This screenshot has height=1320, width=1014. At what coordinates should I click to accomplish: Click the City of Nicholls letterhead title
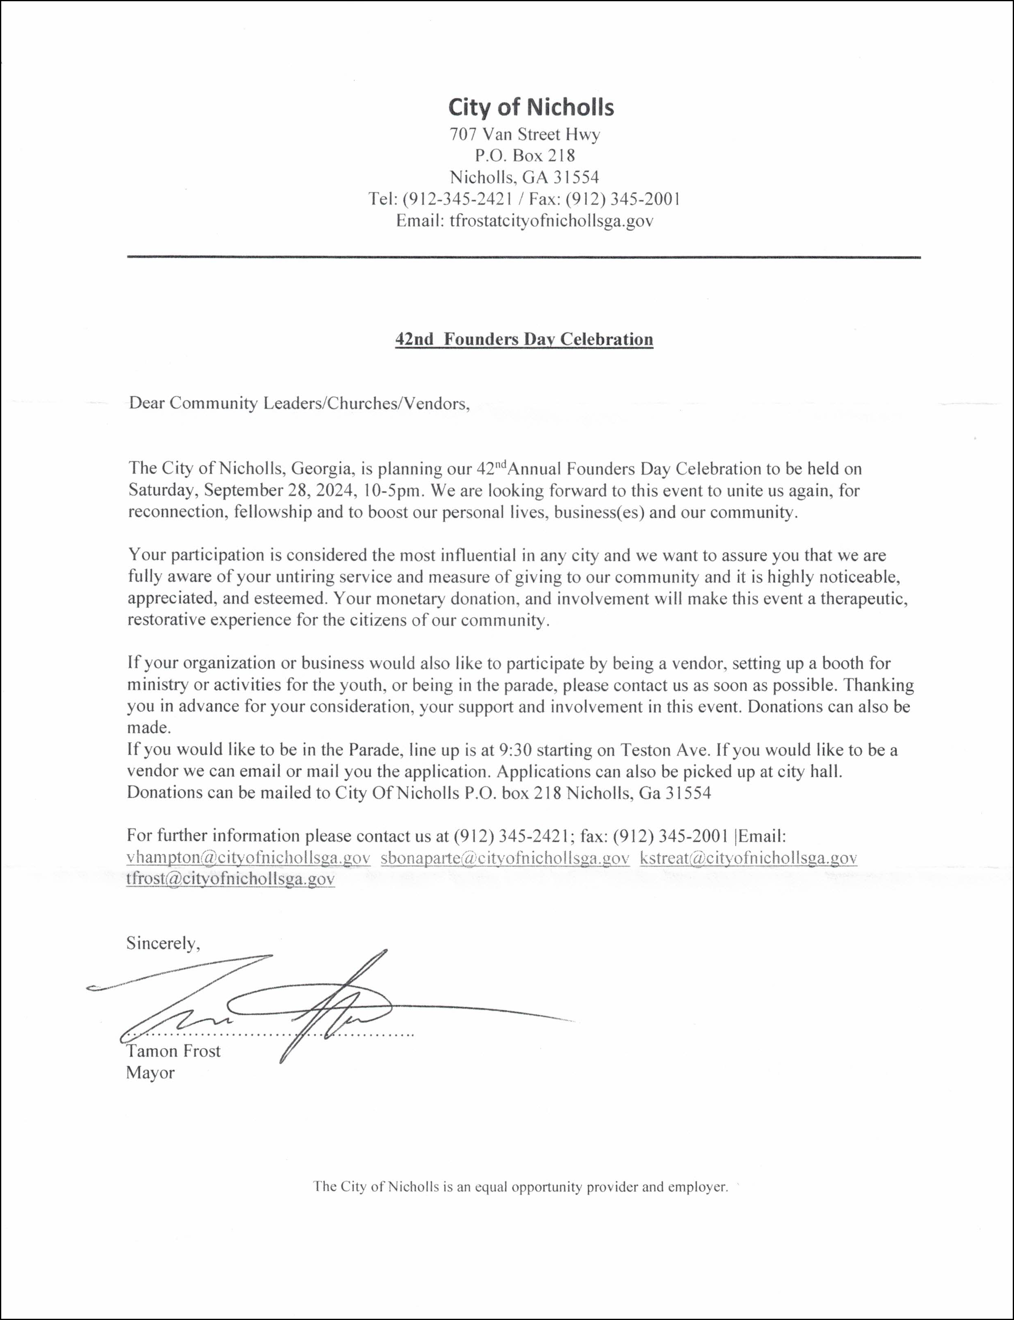(x=530, y=107)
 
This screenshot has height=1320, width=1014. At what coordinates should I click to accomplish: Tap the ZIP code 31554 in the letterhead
(x=577, y=177)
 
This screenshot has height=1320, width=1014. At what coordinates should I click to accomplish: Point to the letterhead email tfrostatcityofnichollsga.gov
(x=551, y=221)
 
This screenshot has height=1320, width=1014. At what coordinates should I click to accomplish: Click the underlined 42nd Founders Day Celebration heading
(x=524, y=339)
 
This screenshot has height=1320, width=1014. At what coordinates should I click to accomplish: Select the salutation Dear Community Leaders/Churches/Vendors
(x=299, y=403)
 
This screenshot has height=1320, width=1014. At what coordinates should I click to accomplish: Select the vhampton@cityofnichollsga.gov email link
(x=248, y=858)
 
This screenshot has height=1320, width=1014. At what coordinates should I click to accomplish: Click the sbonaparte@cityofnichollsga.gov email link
(x=505, y=858)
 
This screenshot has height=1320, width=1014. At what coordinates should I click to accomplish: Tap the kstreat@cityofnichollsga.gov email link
(x=748, y=858)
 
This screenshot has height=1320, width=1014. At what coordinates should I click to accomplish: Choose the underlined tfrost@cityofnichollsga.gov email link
(x=230, y=879)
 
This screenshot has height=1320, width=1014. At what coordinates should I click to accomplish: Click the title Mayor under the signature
(x=150, y=1073)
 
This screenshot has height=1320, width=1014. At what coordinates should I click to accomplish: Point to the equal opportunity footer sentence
(x=520, y=1187)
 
